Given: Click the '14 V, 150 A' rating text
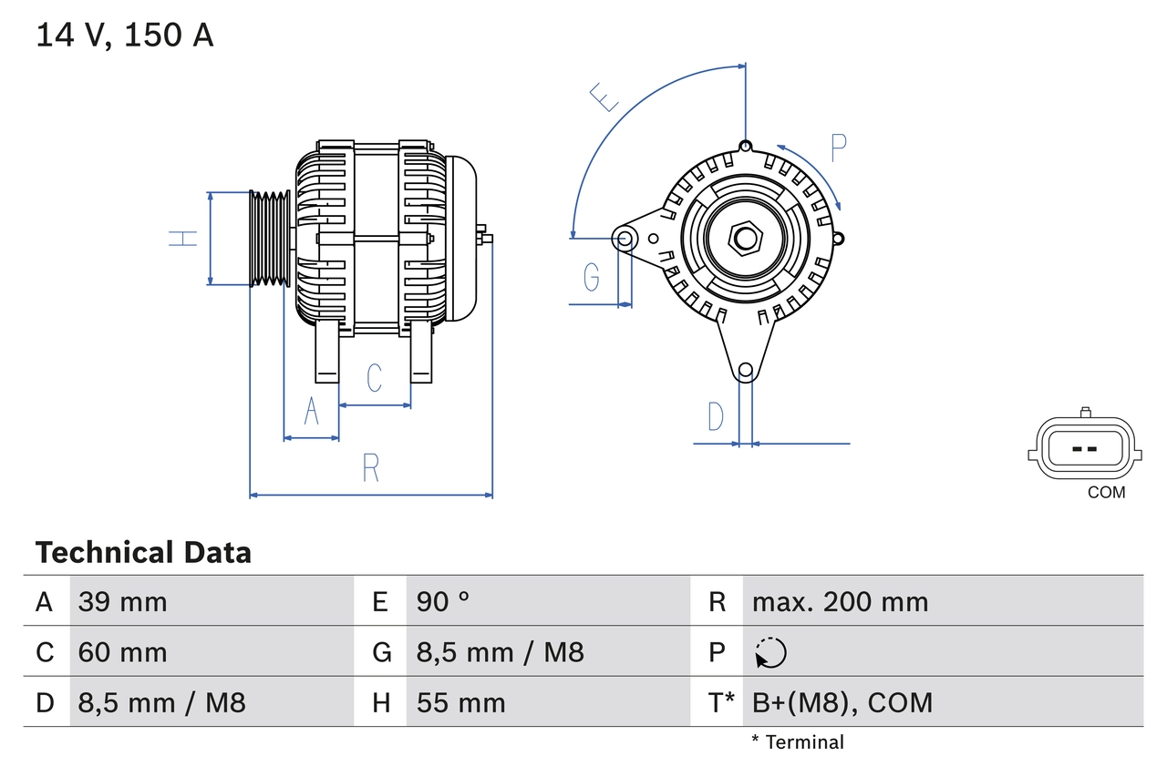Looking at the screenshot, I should (x=125, y=36).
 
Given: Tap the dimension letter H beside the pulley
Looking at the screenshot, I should (x=183, y=239).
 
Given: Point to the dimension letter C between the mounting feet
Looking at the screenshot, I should (x=374, y=377).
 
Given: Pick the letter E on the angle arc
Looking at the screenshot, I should (x=604, y=96).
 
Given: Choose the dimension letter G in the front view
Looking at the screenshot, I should (x=592, y=276).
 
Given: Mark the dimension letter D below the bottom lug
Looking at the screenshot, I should (x=716, y=416).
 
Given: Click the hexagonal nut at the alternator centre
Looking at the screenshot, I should (x=746, y=239).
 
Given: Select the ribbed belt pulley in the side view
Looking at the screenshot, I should (x=271, y=239).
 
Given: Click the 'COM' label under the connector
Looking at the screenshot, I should (x=1106, y=493).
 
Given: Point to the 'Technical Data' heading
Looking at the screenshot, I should (x=143, y=553).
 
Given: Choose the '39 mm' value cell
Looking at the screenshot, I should (x=123, y=601).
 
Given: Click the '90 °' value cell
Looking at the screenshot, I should (x=443, y=601).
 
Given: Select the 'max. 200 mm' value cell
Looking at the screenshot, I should (x=840, y=601).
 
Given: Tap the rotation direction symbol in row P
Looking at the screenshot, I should (x=770, y=652).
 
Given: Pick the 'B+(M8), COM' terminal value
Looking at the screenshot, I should (x=842, y=702).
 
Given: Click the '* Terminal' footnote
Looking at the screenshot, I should (x=798, y=742).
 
